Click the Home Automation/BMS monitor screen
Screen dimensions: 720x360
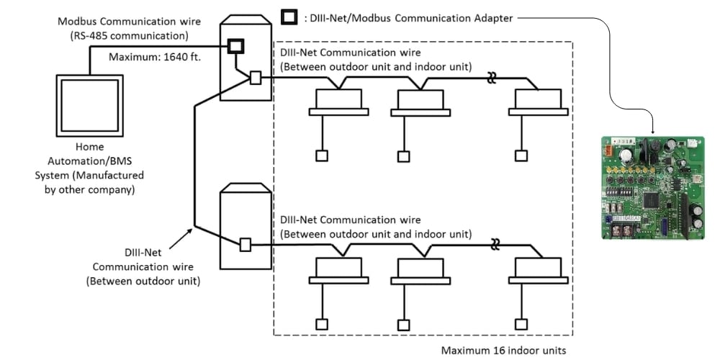tap(89, 106)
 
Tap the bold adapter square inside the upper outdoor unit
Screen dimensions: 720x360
tap(235, 46)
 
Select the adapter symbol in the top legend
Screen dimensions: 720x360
tap(289, 17)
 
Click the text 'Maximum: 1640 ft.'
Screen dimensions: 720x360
tap(155, 58)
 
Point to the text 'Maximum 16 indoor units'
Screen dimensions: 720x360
tap(504, 351)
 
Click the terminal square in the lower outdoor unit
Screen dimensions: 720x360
tap(246, 245)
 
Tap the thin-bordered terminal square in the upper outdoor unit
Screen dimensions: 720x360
tap(256, 78)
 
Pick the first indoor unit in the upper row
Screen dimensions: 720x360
tap(338, 102)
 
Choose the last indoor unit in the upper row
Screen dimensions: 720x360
tap(538, 102)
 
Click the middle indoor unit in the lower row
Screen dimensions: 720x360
tap(420, 271)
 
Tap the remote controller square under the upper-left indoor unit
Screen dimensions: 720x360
tap(322, 156)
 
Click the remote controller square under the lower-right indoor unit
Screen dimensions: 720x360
tap(521, 324)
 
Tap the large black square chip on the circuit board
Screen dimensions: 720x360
tap(652, 199)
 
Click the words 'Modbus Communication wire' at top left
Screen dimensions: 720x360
tap(129, 22)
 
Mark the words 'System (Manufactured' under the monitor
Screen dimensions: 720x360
tap(89, 176)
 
